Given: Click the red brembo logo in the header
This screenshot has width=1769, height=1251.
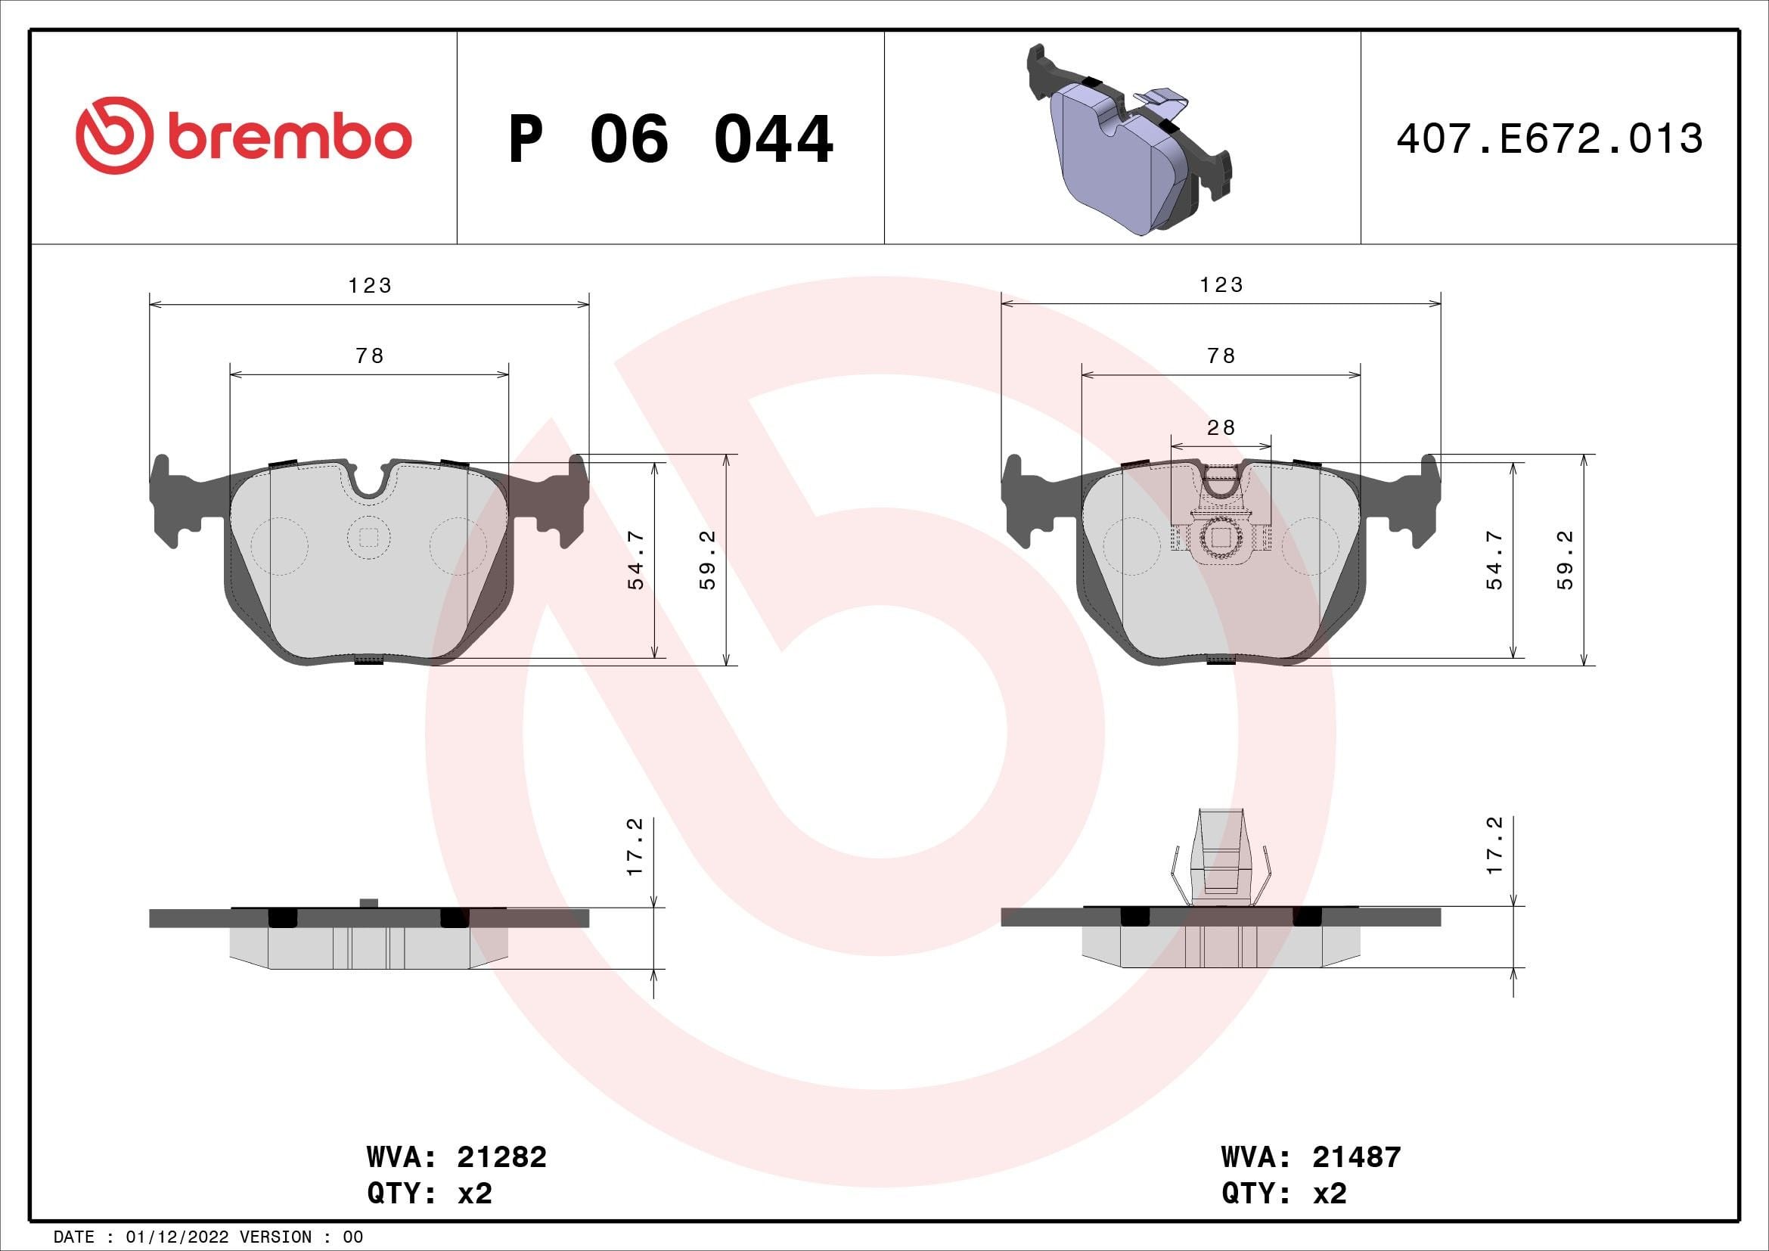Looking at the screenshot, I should click(x=244, y=137).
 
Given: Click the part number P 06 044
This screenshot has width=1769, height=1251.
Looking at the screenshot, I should click(x=670, y=139).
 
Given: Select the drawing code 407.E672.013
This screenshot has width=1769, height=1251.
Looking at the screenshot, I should click(x=1549, y=138).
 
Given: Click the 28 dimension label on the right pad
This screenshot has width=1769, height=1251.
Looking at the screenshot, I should click(x=1221, y=427).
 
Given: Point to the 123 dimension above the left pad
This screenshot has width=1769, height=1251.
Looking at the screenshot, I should click(x=370, y=286).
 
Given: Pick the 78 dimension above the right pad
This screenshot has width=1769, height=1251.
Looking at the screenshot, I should click(x=1221, y=356).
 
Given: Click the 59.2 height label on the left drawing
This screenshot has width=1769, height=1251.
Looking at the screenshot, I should click(x=708, y=560).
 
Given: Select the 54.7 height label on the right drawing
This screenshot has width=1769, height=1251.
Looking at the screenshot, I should click(x=1494, y=560).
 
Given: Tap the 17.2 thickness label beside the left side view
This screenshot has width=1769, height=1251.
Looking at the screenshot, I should click(x=635, y=846).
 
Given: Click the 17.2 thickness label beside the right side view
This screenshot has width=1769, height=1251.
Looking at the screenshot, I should click(x=1494, y=846).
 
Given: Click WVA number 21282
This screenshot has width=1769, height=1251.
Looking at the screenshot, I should click(x=501, y=1157).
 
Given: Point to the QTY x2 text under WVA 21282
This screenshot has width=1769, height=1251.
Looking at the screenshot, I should click(x=429, y=1194).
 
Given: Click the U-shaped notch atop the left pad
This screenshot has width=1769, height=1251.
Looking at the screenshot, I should click(x=370, y=482).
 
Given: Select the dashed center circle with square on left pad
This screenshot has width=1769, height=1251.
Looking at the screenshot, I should click(x=368, y=538).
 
